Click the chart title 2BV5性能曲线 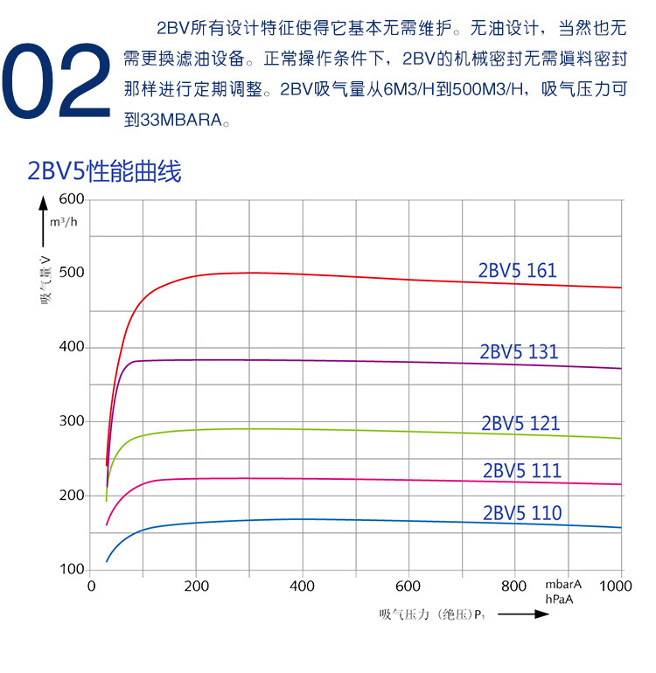tap(104, 171)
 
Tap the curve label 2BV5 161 tap(517, 271)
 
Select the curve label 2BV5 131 tap(519, 352)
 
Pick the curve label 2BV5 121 tap(520, 424)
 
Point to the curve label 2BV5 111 tap(521, 471)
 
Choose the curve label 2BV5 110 tap(521, 513)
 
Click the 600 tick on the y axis tap(72, 199)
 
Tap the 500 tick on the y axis tap(72, 273)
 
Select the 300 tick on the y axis tap(72, 421)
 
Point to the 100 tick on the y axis tap(72, 570)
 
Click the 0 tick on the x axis tap(91, 586)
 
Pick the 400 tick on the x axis tap(302, 586)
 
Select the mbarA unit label tap(563, 585)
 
